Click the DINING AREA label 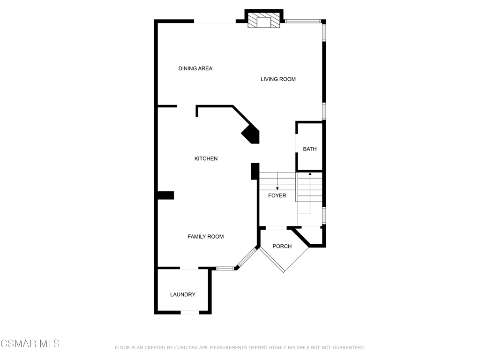click(x=195, y=68)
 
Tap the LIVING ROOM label click(x=278, y=79)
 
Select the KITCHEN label click(x=206, y=158)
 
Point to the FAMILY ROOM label click(x=205, y=237)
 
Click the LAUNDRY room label click(x=183, y=294)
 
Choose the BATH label click(x=310, y=149)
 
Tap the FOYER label click(x=277, y=195)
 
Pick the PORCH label click(x=282, y=247)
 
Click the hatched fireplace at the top click(x=264, y=21)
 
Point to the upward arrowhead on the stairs click(x=310, y=173)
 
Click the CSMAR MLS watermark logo click(x=30, y=344)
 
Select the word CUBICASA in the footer click(x=187, y=348)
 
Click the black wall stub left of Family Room click(x=165, y=195)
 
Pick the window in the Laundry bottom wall click(x=190, y=312)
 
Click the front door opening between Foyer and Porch click(x=276, y=228)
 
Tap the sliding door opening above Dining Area click(x=215, y=22)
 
